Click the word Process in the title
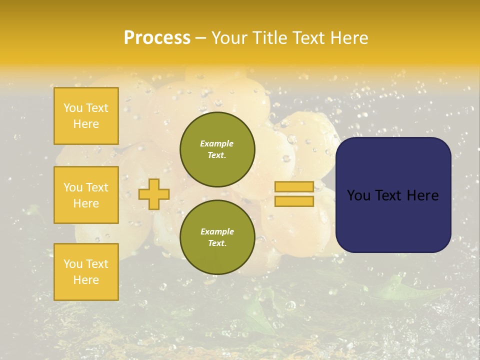157,38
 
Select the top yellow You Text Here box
86,116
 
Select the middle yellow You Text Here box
86,195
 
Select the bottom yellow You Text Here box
86,272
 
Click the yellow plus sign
154,194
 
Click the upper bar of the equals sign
294,187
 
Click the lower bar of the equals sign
294,201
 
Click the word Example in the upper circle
217,143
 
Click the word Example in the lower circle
217,231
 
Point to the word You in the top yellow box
73,108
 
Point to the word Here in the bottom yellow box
86,280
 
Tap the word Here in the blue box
422,195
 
